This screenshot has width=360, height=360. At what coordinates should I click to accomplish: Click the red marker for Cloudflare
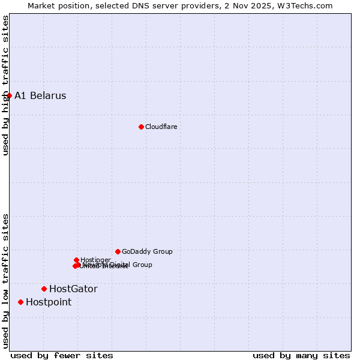pos(141,127)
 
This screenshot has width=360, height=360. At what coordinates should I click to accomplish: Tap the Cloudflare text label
pos(161,127)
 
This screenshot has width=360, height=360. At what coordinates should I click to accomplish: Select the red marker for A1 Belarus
pos(9,95)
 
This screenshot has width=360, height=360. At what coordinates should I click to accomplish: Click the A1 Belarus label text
pos(40,95)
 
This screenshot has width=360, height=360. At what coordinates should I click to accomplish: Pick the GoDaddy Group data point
pos(118,251)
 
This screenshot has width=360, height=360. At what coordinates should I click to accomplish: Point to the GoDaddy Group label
pos(147,251)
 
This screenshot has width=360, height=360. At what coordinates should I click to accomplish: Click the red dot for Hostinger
pos(76,260)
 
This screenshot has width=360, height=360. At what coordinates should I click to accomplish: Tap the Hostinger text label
pos(95,260)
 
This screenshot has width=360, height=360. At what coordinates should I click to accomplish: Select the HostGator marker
pos(44,289)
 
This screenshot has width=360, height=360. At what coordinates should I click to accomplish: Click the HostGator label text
pos(73,289)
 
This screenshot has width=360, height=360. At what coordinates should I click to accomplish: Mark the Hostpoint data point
pos(20,302)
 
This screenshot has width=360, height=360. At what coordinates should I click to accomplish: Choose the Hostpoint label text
pos(49,302)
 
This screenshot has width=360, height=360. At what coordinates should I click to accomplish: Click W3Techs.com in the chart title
pos(311,5)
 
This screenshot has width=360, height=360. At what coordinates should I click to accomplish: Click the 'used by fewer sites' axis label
pos(62,355)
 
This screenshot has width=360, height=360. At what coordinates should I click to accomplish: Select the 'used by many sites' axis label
pos(301,355)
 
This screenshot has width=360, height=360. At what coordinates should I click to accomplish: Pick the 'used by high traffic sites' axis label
pos(5,85)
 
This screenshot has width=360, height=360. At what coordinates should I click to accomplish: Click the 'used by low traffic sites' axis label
pos(5,281)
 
